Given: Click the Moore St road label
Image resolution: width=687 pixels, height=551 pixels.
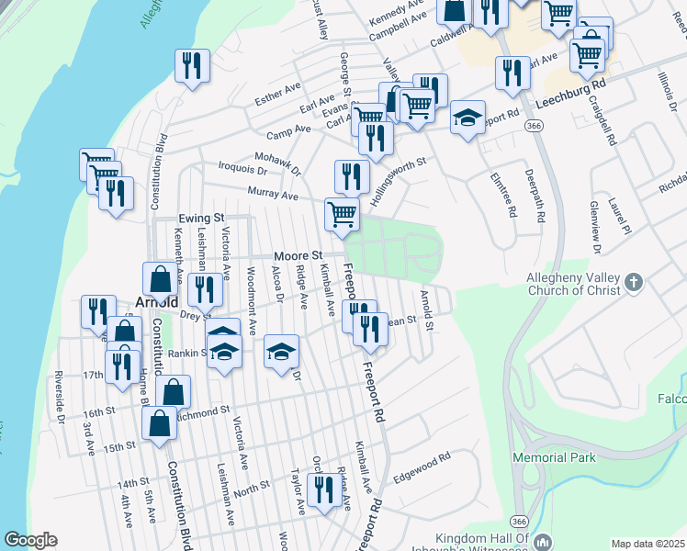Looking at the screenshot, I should [x=298, y=254].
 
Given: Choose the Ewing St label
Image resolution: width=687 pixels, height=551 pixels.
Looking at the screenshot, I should [x=202, y=218].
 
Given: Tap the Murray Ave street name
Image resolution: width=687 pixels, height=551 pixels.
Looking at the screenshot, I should [x=273, y=195].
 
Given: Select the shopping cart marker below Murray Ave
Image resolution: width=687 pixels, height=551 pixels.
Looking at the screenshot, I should [x=343, y=215].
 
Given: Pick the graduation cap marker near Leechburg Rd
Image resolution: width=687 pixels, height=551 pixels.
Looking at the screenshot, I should [x=467, y=118].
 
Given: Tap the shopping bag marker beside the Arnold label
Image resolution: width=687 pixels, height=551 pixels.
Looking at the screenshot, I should [x=160, y=279].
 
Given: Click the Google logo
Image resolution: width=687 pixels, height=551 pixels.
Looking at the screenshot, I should [x=30, y=540].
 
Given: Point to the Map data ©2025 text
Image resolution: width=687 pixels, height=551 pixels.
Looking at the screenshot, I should [x=648, y=544].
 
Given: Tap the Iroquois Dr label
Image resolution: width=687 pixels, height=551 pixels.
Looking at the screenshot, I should [x=243, y=171].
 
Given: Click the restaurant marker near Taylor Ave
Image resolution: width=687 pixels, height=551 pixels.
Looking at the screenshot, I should [x=321, y=490].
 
